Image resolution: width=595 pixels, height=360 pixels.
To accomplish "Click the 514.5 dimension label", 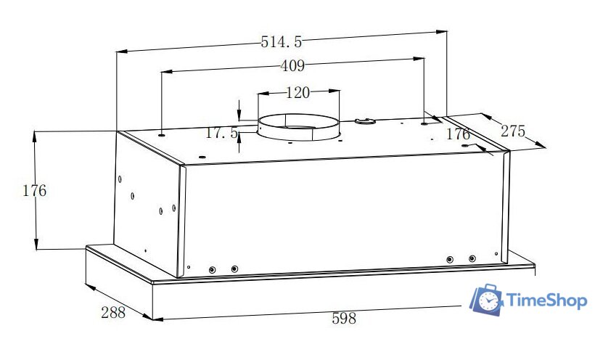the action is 282,41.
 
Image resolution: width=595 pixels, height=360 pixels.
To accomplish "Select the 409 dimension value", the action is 292,66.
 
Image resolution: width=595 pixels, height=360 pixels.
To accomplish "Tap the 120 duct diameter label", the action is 297,92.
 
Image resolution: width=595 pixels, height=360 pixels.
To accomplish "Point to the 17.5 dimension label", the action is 221,133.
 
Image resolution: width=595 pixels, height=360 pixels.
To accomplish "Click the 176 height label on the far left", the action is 35,191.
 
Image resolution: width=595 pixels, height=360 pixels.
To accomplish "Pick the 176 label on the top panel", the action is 458,134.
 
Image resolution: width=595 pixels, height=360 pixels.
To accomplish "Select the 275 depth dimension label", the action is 513,131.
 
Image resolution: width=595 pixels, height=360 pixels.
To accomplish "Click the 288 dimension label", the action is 113,312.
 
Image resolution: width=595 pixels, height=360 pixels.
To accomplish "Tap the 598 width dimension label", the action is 344,318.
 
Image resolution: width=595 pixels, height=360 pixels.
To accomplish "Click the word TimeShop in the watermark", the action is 547,300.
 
